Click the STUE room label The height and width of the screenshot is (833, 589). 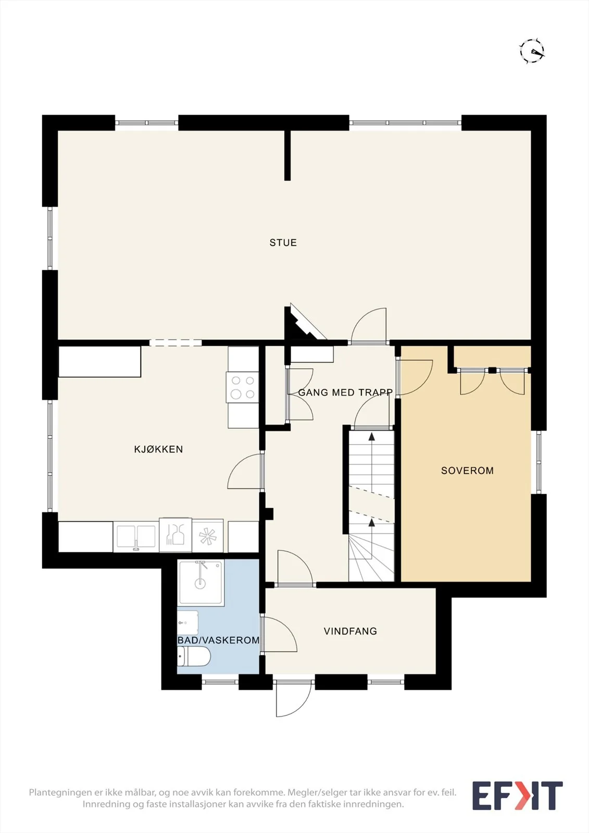coord(283,243)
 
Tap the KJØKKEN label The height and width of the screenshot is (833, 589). coord(158,449)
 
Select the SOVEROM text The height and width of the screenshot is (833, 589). coord(467,471)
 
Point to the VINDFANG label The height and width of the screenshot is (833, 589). coord(350,631)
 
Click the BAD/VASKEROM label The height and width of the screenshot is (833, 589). coord(218,640)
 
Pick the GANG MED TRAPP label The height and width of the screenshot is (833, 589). coord(345,393)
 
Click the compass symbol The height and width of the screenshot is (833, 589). coord(532,51)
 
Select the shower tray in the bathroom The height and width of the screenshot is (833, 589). coord(201,583)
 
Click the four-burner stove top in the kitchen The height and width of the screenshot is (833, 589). coord(243,387)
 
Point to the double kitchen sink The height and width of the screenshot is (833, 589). coord(136,537)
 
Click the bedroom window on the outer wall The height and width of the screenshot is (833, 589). coord(538,462)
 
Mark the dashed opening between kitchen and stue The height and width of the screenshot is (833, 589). coord(176,343)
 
